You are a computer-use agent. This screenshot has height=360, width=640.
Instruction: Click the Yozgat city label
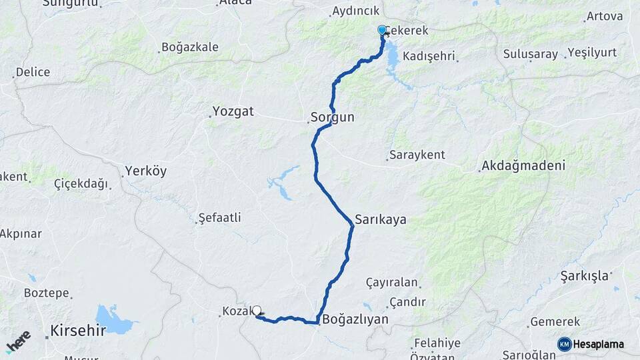coord(233,111)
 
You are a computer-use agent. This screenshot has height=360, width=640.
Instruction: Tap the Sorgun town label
coord(332,117)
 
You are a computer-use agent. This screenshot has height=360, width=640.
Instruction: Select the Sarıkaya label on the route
coord(381,219)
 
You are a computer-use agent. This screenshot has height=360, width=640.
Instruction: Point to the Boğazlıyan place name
coord(355,319)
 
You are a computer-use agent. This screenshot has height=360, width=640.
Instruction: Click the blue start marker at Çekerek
coord(382,30)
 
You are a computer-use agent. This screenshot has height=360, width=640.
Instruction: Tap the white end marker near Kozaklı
coord(257,310)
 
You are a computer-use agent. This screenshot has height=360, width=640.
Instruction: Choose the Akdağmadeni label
coord(523,166)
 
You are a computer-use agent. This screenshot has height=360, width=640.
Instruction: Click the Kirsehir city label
coord(78,330)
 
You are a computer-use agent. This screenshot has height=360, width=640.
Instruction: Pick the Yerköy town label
coord(145,171)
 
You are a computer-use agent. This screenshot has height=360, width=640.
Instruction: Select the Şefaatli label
coord(219,218)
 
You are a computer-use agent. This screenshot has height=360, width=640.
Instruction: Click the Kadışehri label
coord(429,56)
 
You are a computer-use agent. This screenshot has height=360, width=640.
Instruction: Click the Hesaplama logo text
coord(598,344)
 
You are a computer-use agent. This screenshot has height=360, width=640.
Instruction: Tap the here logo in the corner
coord(18,341)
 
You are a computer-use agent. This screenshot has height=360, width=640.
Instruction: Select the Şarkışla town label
coord(585,275)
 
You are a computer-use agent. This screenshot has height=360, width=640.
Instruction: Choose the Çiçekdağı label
coord(81,184)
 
